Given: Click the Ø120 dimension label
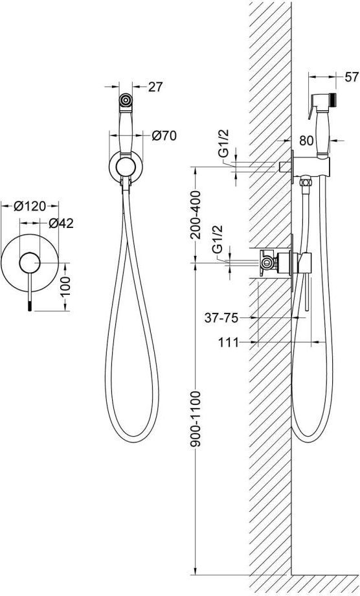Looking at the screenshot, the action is [30, 206].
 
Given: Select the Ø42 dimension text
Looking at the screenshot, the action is [61, 223].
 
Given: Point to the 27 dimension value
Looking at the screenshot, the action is [155, 87].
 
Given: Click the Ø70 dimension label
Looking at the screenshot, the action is [164, 135].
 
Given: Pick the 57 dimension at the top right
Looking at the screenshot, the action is [352, 77].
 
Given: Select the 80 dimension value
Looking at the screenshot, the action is [306, 141].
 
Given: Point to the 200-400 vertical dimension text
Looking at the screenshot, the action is [196, 215].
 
